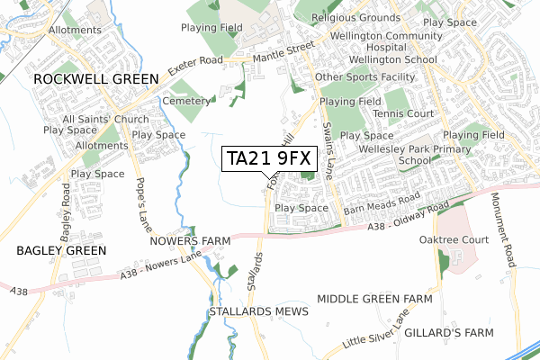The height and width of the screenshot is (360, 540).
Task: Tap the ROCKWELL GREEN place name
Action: [95, 79]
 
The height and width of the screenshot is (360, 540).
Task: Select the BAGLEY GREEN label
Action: [61, 250]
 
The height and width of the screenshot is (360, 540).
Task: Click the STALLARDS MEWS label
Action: [258, 311]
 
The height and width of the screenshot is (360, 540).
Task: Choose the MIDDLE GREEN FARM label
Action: [374, 299]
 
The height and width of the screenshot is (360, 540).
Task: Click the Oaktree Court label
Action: [454, 240]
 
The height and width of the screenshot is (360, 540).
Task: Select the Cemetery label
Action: [186, 102]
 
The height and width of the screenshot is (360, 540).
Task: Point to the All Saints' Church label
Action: [105, 119]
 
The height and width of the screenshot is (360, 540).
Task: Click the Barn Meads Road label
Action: [382, 209]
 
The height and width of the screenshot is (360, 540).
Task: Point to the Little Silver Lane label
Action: [376, 331]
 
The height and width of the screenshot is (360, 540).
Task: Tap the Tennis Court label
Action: [403, 113]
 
